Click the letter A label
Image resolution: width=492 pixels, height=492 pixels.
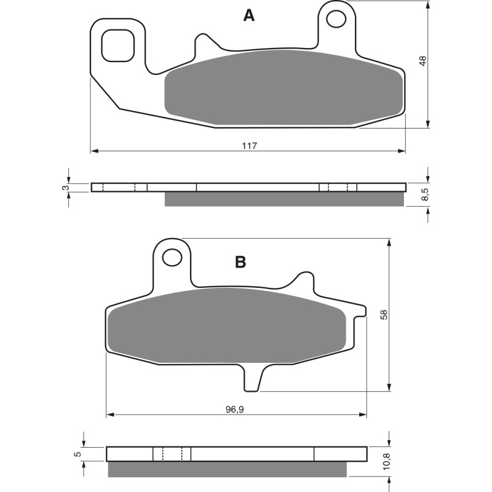coord(248,15)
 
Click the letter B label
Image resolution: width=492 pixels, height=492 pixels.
coord(240,262)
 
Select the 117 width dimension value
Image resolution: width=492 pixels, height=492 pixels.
coord(248,146)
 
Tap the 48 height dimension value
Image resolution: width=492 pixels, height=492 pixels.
coord(422,61)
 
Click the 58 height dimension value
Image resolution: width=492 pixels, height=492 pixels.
coord(384,314)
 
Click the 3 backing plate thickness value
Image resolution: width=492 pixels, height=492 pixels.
coord(65,187)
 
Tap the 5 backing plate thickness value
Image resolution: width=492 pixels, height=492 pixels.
coord(77,454)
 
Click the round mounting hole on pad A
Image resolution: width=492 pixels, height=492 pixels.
coord(337,19)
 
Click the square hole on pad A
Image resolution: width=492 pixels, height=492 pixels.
coord(117,45)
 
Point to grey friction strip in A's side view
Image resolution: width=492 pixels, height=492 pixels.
coord(284,199)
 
